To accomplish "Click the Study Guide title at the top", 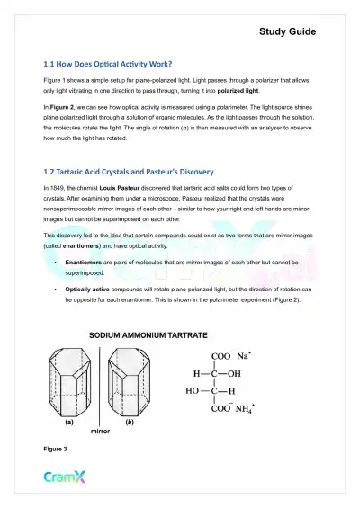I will click(x=287, y=31).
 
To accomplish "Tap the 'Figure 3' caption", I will click(x=56, y=447).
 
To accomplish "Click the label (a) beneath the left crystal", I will click(x=69, y=420).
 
